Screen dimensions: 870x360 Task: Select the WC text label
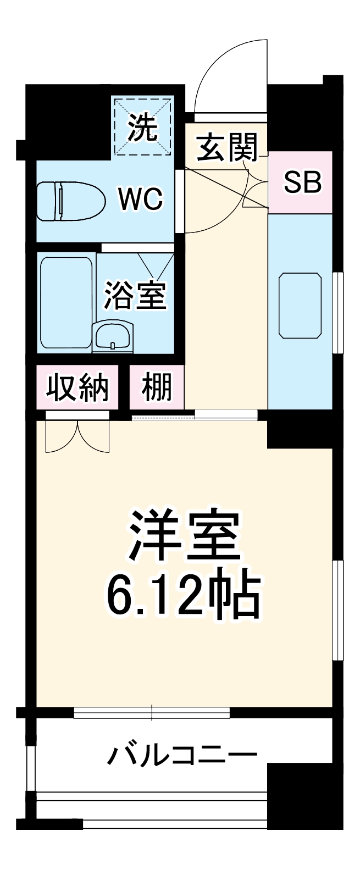[x=141, y=199]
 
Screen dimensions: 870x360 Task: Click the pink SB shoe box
[x=301, y=182]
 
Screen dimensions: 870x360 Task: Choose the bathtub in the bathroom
[x=66, y=302]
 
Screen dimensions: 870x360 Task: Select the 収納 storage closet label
[x=77, y=388]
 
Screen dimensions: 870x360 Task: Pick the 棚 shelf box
[x=157, y=388]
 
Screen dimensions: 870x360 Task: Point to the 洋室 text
[x=185, y=536]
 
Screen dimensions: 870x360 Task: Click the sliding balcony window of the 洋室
[x=152, y=713]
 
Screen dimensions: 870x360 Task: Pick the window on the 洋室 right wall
[x=337, y=610]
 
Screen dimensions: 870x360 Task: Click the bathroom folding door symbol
[x=155, y=265]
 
